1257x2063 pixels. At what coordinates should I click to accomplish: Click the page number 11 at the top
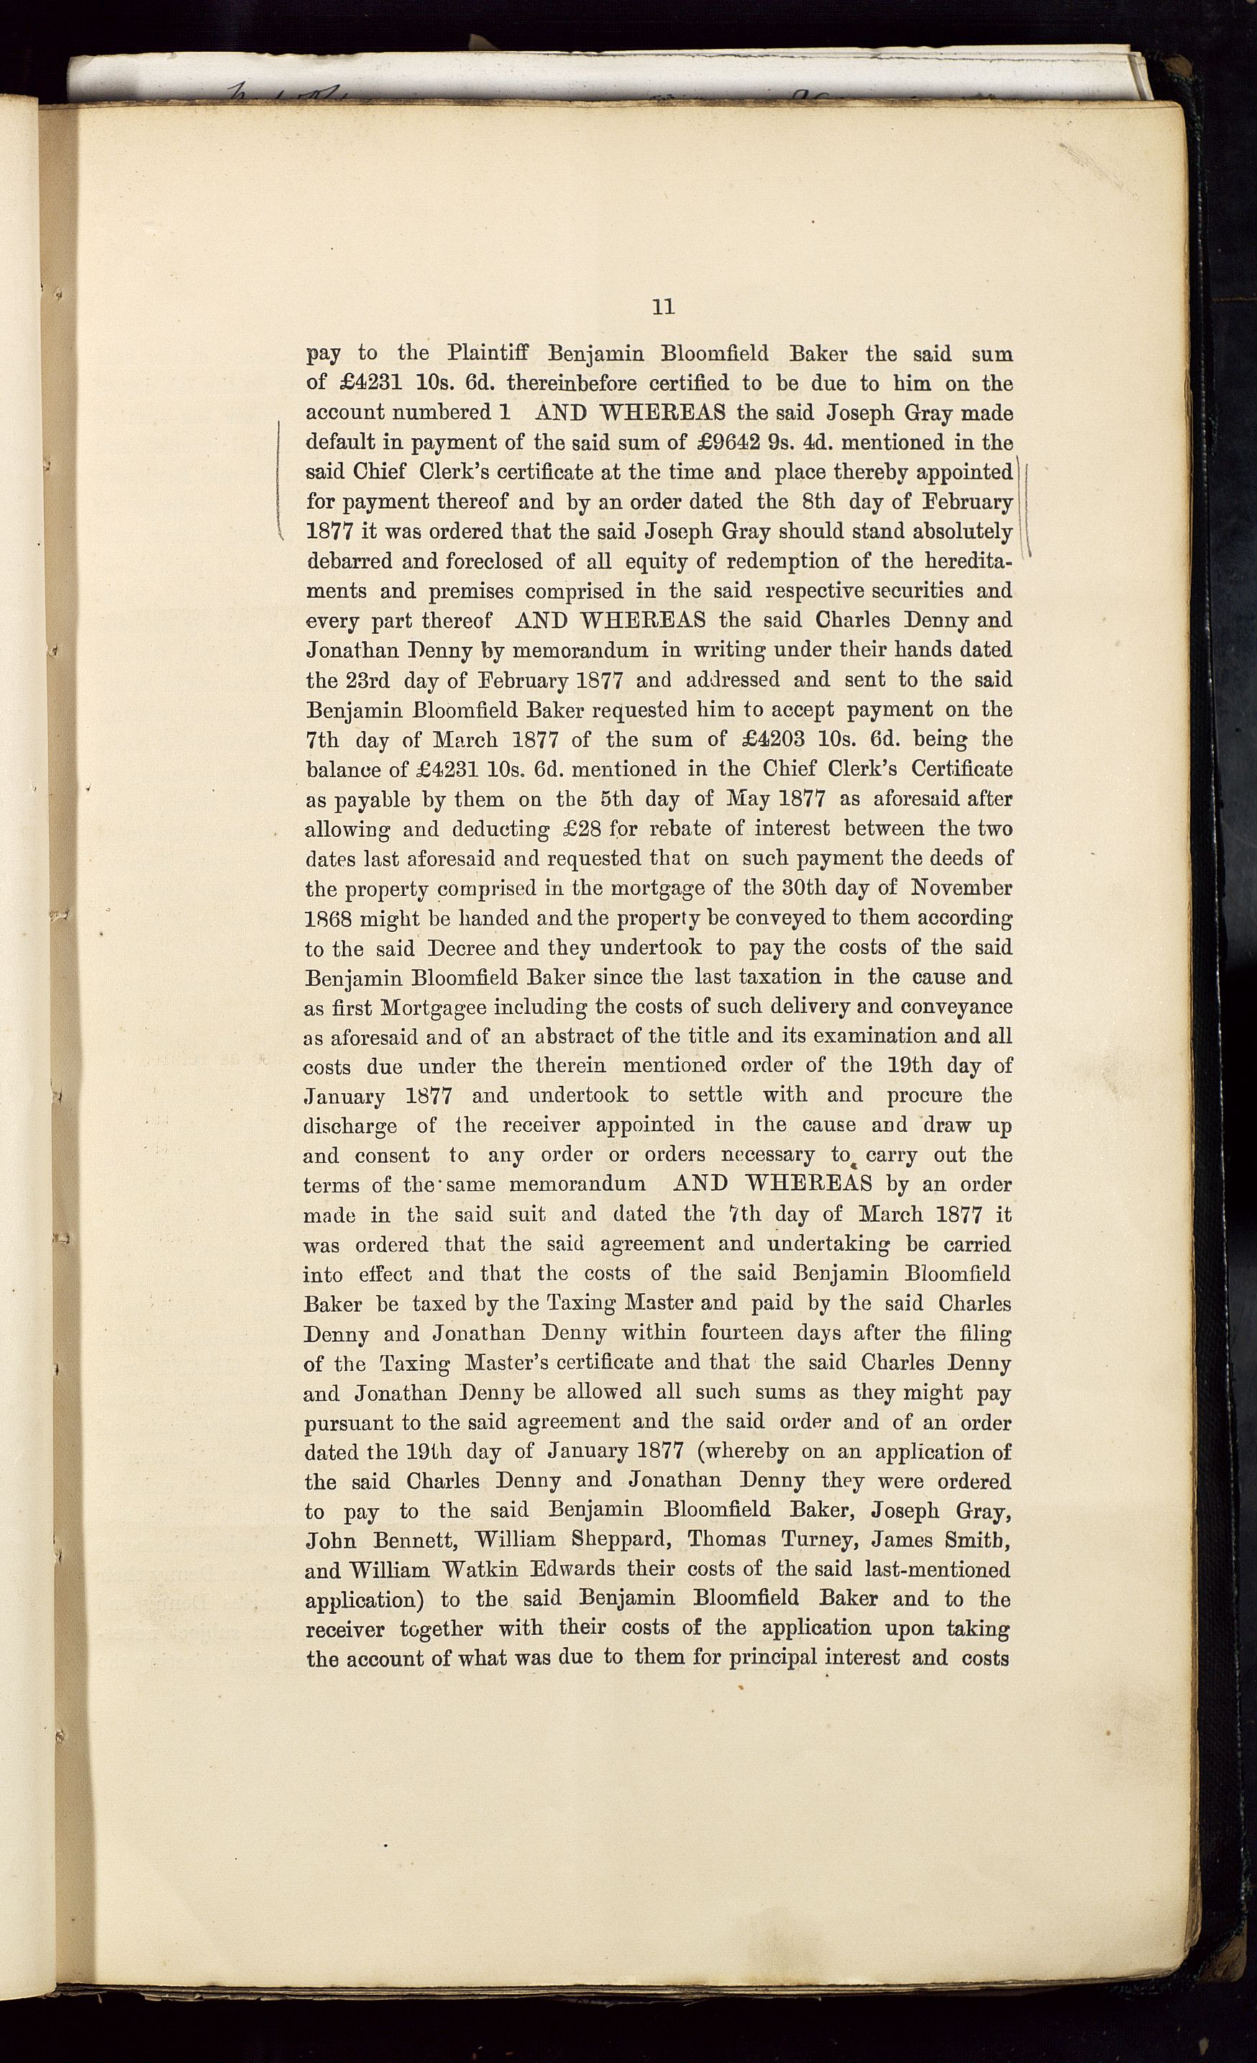[663, 307]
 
